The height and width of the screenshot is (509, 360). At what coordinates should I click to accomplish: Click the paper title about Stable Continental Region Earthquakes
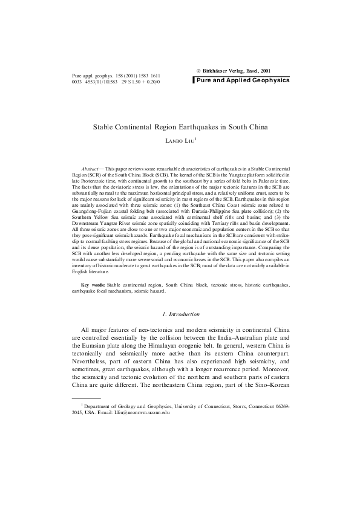pos(180,128)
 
